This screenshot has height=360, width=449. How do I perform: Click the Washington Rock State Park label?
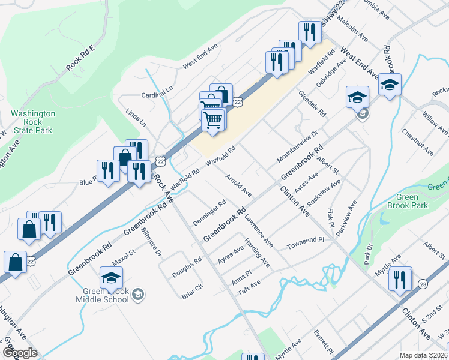32,122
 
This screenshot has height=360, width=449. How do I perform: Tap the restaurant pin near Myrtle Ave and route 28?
400,280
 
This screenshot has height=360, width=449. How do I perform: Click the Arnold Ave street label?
238,185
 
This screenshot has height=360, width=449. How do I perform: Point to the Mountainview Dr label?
297,146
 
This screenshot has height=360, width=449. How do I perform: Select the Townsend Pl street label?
305,243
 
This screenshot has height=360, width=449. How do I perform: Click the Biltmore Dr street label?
151,245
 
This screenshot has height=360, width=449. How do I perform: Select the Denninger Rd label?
209,213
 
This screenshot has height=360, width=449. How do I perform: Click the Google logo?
20,353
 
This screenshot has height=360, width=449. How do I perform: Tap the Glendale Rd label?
312,104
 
